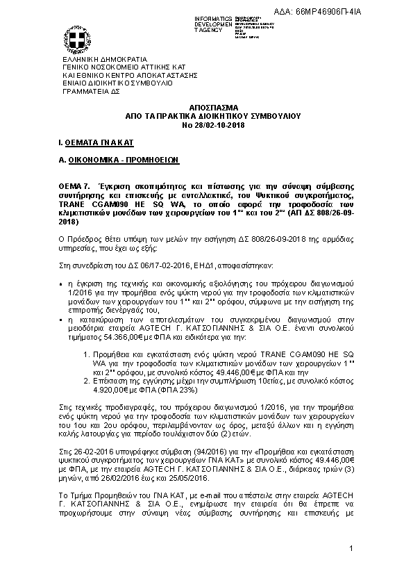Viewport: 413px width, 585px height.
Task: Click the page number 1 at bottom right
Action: [352, 550]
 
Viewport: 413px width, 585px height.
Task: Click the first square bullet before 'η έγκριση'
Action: [61, 285]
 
